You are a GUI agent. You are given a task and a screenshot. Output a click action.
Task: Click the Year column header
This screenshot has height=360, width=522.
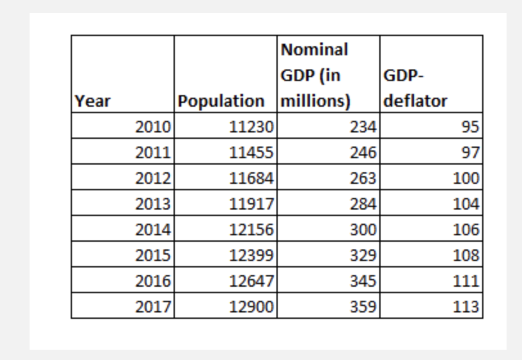[x=93, y=101]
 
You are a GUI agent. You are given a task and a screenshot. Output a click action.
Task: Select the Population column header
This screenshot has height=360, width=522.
[x=221, y=101]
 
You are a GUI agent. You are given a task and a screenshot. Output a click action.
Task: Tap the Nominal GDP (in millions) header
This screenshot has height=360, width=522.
[x=315, y=75]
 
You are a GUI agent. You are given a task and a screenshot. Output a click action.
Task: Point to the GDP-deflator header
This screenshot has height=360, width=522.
[x=415, y=89]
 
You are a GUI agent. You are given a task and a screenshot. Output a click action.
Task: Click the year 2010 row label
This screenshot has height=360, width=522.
[x=153, y=127]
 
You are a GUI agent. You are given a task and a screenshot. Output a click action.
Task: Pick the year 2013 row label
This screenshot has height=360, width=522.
[x=153, y=204]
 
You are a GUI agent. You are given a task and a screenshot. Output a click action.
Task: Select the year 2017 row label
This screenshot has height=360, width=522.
[x=153, y=307]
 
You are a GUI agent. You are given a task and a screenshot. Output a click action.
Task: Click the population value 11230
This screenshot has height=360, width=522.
[x=252, y=127]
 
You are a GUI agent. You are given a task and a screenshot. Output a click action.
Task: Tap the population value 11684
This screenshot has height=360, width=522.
[x=252, y=178]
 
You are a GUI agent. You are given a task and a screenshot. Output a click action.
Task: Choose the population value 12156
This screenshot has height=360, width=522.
[x=252, y=230]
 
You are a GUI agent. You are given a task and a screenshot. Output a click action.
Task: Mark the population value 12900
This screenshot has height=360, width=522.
[x=252, y=307]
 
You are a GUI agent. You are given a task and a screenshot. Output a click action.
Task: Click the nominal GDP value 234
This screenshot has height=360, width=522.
[x=363, y=127]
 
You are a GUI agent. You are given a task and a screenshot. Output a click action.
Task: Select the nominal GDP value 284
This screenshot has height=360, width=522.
[x=363, y=204]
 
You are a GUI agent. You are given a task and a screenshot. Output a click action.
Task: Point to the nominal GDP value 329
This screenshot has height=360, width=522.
[x=363, y=255]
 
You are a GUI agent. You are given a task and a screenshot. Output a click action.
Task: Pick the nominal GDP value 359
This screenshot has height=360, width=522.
[x=363, y=307]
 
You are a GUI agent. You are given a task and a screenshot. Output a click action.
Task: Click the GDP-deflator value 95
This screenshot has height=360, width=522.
[x=470, y=127]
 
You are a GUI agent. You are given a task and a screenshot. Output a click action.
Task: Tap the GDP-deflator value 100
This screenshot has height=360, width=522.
[x=465, y=178]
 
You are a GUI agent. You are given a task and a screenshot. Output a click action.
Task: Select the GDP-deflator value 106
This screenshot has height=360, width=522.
[x=465, y=230]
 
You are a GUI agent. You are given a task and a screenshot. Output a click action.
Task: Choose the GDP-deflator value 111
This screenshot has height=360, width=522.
[x=465, y=281]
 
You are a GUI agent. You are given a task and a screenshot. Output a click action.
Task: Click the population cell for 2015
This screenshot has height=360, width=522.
[x=252, y=255]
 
